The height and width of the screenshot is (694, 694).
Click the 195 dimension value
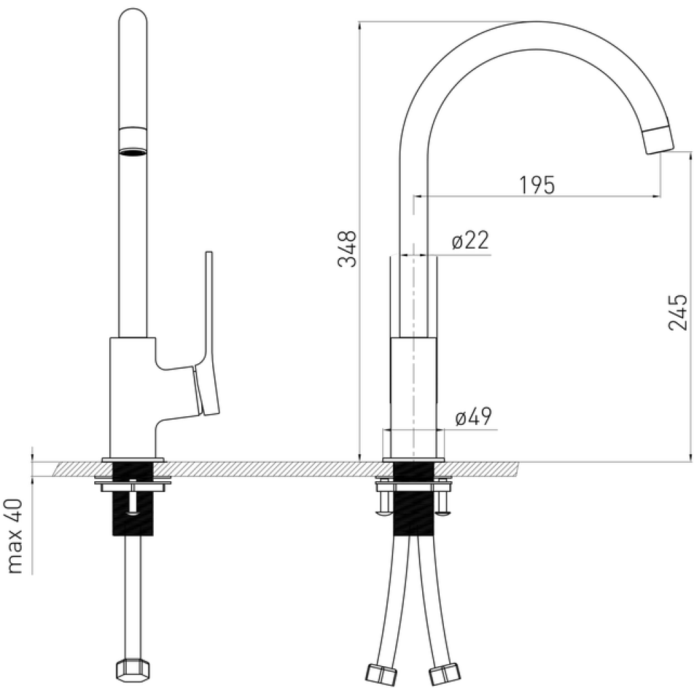[x=537, y=184]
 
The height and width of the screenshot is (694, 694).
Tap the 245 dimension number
[x=678, y=312]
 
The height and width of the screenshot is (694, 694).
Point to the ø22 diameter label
[x=470, y=241]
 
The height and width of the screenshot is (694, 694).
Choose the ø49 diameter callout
[x=473, y=417]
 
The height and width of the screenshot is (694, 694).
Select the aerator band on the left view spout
[x=133, y=141]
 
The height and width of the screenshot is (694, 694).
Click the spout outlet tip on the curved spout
[x=659, y=140]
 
